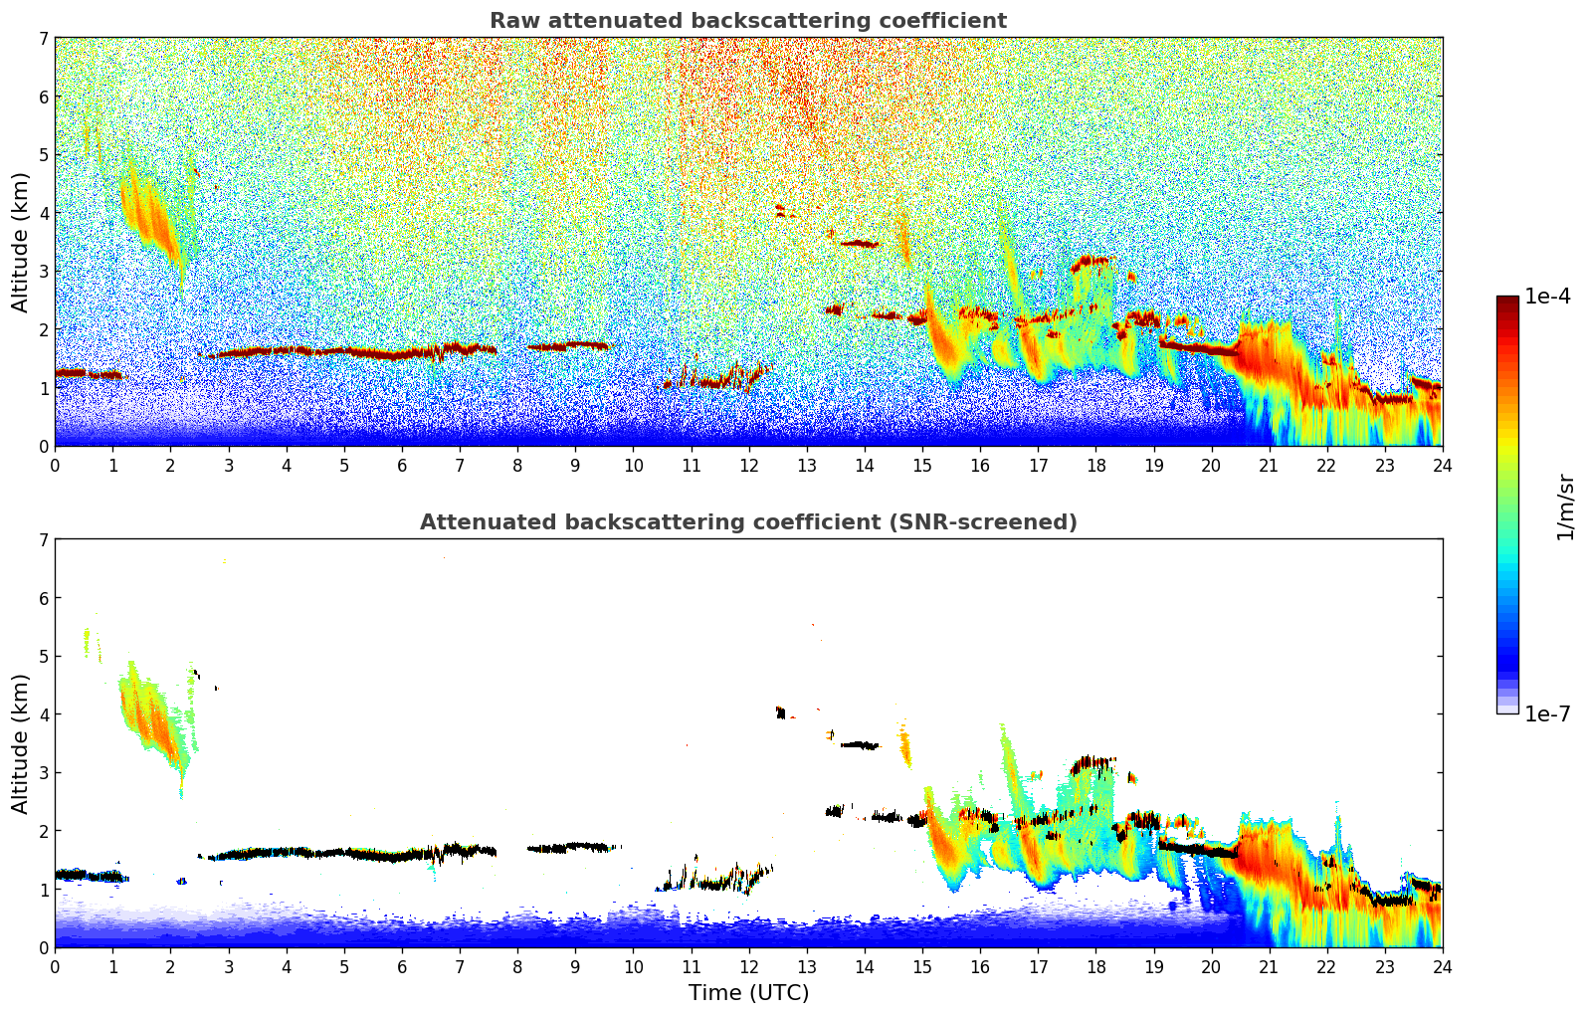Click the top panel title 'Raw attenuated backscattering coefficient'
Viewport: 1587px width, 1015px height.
tap(747, 21)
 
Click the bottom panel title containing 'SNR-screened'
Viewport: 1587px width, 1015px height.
tap(747, 522)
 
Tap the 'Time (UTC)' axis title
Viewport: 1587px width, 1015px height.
tap(748, 993)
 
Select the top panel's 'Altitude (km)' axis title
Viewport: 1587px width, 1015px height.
tap(21, 242)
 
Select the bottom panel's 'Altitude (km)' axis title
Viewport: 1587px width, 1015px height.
tap(21, 743)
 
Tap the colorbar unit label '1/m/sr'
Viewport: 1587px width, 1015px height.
tap(1565, 507)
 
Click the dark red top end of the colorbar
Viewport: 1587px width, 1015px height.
tap(1507, 301)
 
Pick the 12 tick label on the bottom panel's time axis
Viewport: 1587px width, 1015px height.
tap(748, 966)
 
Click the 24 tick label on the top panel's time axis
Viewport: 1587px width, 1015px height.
tap(1442, 465)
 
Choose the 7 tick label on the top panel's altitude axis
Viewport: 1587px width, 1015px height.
tap(43, 39)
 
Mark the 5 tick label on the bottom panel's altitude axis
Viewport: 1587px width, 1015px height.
tap(43, 656)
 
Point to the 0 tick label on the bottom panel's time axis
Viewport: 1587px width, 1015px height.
tap(55, 966)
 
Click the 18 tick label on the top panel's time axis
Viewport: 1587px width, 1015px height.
tap(1095, 465)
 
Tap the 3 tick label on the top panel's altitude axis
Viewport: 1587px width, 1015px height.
tap(43, 272)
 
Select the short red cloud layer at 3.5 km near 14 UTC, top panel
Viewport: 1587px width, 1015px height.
tap(859, 243)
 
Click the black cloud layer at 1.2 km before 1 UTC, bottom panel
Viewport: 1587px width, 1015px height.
tap(85, 876)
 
